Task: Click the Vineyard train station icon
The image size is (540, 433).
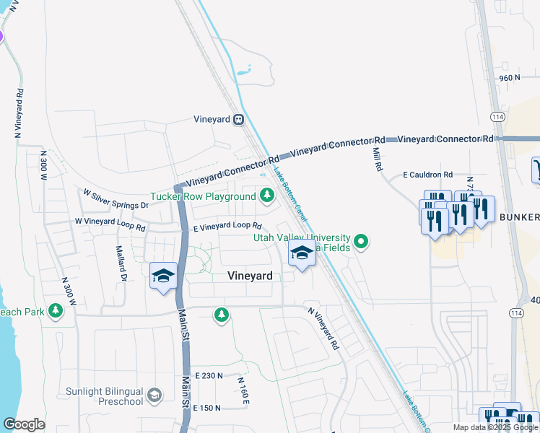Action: point(238,120)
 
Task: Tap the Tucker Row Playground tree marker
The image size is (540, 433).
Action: point(267,195)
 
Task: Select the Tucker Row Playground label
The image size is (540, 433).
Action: point(202,196)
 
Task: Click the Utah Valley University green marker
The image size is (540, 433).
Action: point(362,240)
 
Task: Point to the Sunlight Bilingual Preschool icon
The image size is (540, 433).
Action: point(154,395)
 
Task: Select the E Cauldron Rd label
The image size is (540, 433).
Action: point(427,175)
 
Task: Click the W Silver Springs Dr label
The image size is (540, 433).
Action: point(116,200)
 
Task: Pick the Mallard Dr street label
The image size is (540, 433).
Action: point(121,263)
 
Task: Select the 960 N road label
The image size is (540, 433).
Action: point(509,77)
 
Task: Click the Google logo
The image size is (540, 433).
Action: point(24,424)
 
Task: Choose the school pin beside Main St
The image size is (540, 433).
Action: point(164,277)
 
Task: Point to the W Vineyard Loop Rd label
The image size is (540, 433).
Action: point(110,224)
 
